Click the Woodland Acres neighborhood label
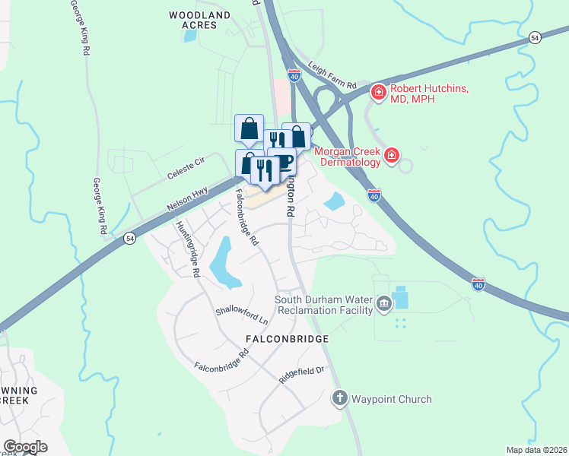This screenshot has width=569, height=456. coord(199,20)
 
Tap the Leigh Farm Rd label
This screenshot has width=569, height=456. coord(332,77)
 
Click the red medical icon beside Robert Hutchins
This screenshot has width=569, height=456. coord(377,93)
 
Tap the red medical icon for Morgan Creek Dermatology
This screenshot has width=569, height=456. coord(392,156)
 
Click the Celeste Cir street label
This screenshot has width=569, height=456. coord(186,169)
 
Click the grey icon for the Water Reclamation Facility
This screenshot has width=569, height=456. coord(384,306)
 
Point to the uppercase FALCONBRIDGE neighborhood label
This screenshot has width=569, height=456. coord(287,338)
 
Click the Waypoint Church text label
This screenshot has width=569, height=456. coord(392,399)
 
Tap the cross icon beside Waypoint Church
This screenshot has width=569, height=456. coord(340,398)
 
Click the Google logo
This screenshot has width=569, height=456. coord(25,447)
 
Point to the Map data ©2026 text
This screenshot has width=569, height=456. coord(536,450)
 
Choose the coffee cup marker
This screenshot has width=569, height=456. coord(283,162)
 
